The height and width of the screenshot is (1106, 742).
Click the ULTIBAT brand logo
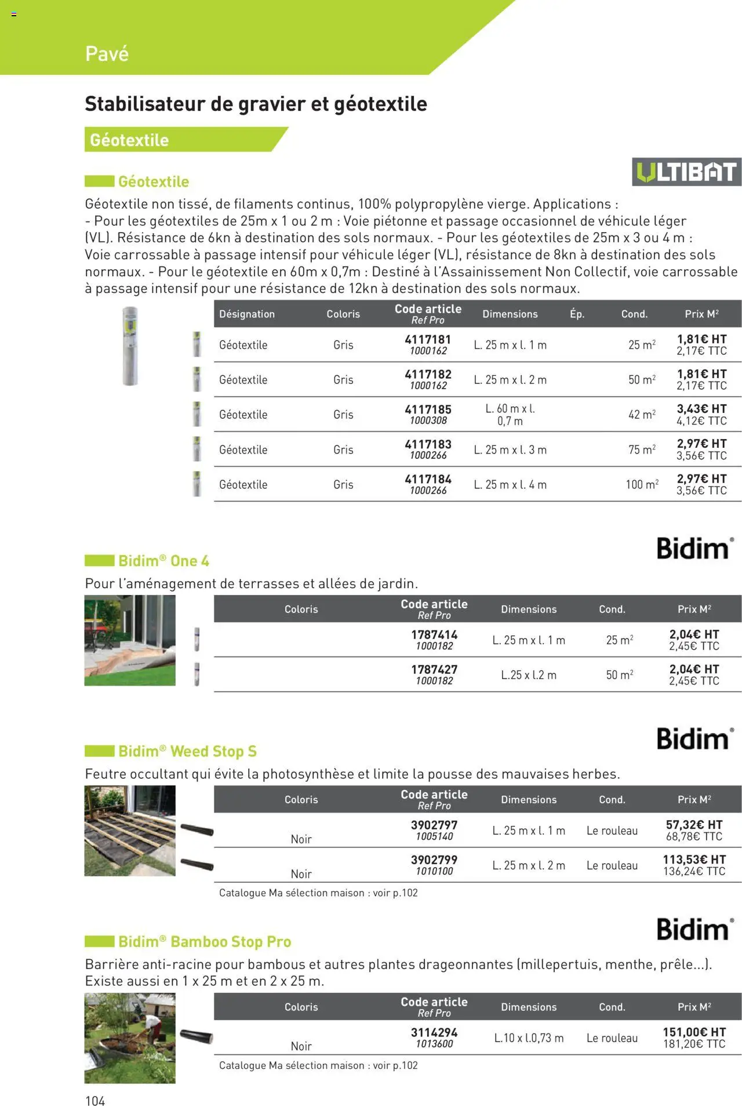pos(686,172)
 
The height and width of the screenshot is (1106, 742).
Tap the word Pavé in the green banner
pos(107,54)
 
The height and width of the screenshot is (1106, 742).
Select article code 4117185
pos(428,409)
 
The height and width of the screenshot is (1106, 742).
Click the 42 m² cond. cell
pos(642,415)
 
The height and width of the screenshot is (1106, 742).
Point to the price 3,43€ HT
pos(701,409)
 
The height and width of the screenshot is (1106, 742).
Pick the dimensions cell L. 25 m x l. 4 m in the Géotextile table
pos(510,485)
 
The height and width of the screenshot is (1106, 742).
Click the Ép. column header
pos(577,314)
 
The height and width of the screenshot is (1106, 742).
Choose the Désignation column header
pos(247,314)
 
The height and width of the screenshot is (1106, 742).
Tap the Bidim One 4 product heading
pos(163,561)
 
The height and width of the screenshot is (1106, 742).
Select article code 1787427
pos(434,669)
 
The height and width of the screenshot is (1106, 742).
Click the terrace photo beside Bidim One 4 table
pos(130,640)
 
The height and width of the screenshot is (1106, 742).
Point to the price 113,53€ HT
pos(694,860)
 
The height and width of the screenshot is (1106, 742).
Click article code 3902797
pos(434,825)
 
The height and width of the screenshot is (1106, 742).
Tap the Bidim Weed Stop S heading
pos(187,751)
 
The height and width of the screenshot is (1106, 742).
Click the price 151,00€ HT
pos(694,1032)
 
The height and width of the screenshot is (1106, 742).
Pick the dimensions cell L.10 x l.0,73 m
pos(529,1038)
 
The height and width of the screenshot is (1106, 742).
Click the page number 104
pos(95,1101)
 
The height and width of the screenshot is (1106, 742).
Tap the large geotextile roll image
pos(130,346)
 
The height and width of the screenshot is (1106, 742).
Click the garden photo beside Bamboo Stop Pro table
pos(130,1038)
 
